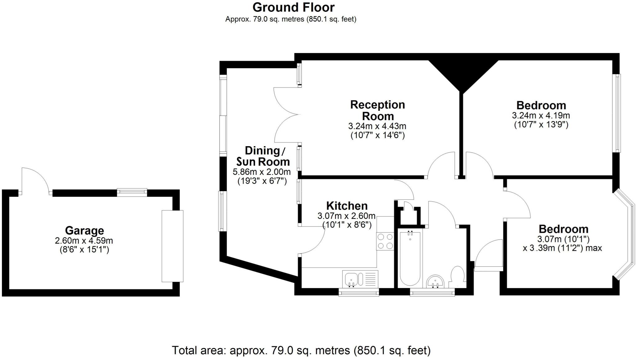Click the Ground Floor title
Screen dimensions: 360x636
[x=293, y=7]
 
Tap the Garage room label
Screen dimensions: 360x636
[x=84, y=231]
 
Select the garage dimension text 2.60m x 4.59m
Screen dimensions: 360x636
[x=84, y=241]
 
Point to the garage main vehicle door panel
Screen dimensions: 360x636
[x=172, y=246]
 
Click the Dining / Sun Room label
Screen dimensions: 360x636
[x=263, y=156]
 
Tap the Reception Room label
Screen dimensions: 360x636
[x=377, y=110]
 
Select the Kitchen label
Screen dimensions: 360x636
[x=347, y=206]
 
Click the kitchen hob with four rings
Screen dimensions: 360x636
[x=385, y=241]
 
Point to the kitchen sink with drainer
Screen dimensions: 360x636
[x=360, y=278]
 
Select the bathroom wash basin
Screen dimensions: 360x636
[x=436, y=281]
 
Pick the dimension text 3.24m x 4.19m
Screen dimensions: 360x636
[x=541, y=116]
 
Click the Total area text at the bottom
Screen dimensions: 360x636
[x=301, y=350]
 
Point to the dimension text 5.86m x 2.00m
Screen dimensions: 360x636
[x=261, y=172]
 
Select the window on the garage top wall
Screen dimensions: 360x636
[x=132, y=192]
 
